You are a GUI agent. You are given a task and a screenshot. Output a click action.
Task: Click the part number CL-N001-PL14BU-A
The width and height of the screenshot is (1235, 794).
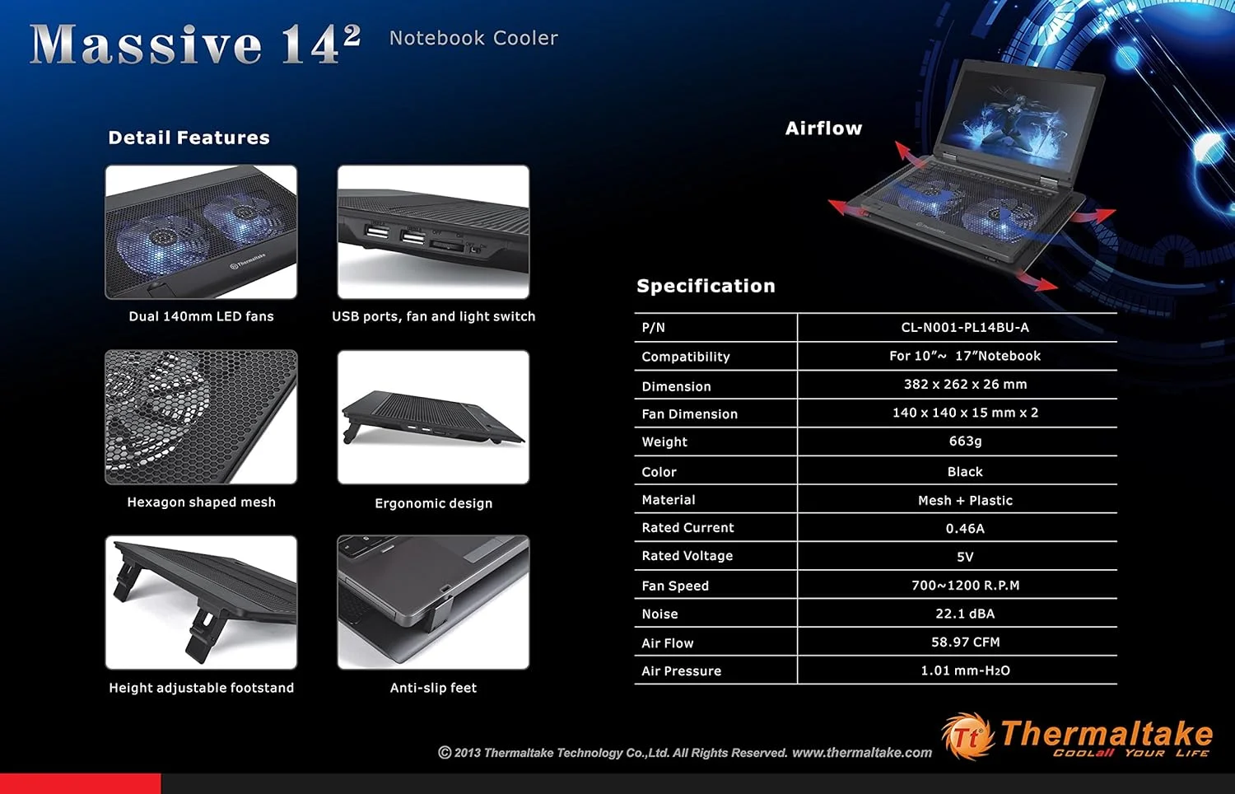[965, 328]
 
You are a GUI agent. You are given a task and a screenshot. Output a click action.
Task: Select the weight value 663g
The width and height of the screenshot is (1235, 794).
[965, 441]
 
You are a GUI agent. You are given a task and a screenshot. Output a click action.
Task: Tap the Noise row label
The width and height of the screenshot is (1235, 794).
[659, 614]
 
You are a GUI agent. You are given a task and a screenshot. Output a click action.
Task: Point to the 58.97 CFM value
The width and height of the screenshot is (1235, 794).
[965, 642]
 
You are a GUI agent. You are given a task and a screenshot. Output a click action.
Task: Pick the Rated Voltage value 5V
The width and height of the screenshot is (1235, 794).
[965, 557]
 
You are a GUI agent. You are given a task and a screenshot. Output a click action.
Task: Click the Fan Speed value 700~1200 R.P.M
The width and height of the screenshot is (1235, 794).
[966, 585]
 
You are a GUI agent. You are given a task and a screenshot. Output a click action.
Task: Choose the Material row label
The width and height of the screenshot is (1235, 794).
[669, 500]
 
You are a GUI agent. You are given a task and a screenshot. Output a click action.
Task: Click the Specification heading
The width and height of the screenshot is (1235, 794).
[706, 286]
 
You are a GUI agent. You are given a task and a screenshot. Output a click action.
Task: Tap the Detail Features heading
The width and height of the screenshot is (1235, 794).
[189, 138]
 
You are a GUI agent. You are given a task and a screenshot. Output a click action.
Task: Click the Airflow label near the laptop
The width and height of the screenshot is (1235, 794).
[823, 128]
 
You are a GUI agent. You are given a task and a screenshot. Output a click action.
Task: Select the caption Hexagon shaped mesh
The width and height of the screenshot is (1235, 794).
[201, 502]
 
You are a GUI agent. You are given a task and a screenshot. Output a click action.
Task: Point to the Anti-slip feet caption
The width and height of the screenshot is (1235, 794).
[433, 688]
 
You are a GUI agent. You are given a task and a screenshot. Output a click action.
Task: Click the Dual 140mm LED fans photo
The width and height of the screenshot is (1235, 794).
[201, 231]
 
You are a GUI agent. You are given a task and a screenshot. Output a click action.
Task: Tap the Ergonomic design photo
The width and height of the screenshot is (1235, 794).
[433, 418]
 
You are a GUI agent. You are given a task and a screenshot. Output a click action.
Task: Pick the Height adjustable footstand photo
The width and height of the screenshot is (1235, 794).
[201, 603]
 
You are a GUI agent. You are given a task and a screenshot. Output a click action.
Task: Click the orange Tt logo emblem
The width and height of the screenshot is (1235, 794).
[967, 736]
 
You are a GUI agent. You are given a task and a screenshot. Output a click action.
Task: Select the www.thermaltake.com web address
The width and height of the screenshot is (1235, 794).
[862, 753]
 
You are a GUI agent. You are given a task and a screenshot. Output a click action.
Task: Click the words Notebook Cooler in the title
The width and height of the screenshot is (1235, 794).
[473, 38]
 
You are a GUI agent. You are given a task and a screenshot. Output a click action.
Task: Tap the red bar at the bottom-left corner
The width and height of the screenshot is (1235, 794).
[81, 783]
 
